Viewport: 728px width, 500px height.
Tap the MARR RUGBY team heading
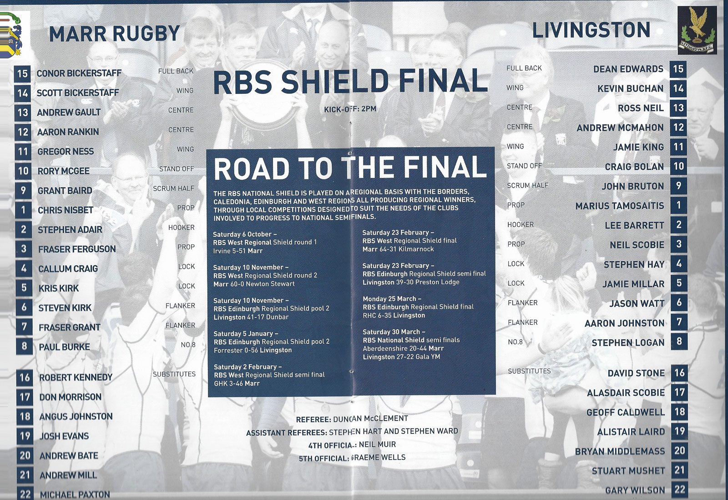(x=114, y=34)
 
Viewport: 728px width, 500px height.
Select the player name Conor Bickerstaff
(x=79, y=73)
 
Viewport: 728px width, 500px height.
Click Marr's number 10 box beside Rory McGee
(x=23, y=171)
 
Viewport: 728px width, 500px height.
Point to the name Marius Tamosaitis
(x=619, y=206)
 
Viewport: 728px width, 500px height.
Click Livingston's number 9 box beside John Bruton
(x=678, y=186)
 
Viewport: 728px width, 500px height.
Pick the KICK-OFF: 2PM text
(x=350, y=109)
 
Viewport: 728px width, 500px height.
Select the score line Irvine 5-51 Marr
(x=238, y=251)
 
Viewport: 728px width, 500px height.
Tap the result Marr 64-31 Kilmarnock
(x=398, y=249)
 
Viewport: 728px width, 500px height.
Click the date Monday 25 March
(x=390, y=299)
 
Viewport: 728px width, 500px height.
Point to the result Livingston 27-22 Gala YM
(x=401, y=357)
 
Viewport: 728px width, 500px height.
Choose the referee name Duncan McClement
(x=370, y=418)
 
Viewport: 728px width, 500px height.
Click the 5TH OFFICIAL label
(x=324, y=459)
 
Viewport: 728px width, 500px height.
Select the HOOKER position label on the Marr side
(x=182, y=227)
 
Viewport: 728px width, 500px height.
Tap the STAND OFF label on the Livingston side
(x=524, y=166)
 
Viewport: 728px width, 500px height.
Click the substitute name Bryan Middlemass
(x=620, y=451)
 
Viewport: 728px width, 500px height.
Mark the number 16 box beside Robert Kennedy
(x=25, y=378)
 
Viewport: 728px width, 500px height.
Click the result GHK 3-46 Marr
(x=237, y=383)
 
